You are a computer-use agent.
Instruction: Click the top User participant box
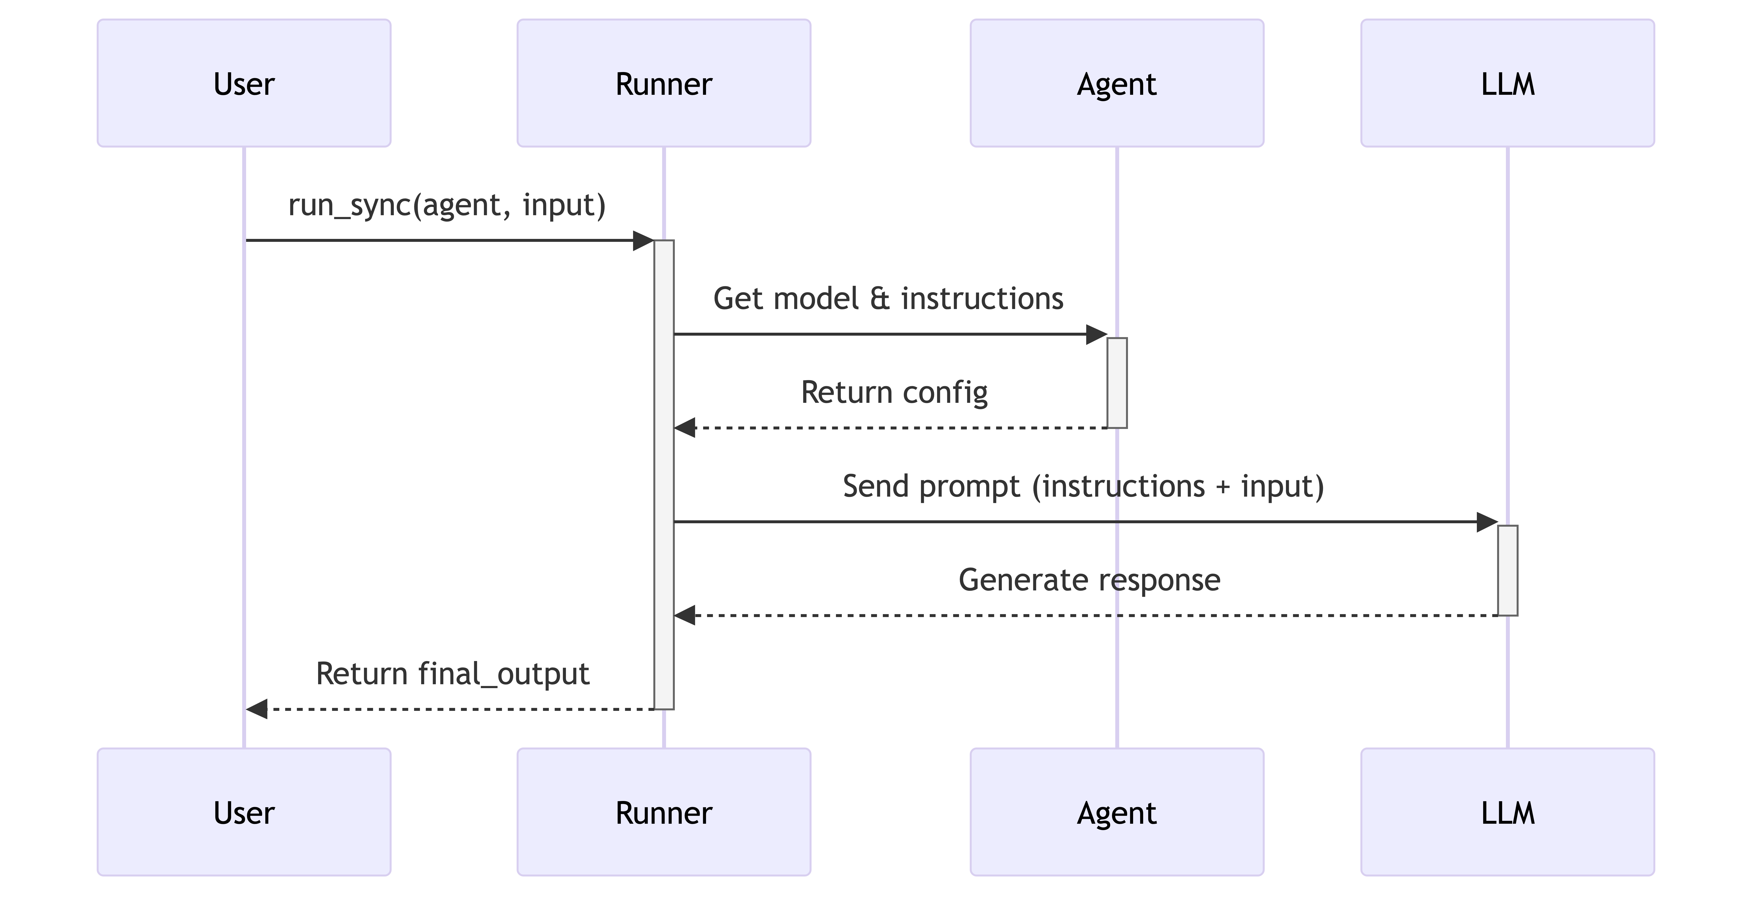[x=244, y=83]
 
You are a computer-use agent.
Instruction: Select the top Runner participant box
[x=664, y=83]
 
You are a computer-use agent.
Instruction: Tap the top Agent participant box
[x=1117, y=83]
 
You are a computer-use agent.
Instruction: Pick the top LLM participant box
[x=1508, y=83]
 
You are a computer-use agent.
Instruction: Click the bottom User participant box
[x=244, y=812]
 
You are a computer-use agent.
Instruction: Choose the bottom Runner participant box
[x=664, y=812]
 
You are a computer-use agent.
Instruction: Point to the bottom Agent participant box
[x=1117, y=812]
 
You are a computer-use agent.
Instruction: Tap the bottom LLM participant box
[x=1508, y=812]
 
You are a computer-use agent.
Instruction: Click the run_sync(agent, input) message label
[x=447, y=205]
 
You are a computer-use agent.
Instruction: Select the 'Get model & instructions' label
[x=888, y=299]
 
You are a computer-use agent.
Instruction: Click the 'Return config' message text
[x=894, y=393]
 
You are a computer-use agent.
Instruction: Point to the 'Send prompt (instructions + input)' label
[x=1084, y=487]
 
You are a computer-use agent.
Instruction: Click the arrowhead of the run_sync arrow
[x=643, y=240]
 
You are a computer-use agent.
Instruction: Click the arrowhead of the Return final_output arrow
[x=256, y=709]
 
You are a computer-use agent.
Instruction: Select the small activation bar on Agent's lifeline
[x=1117, y=383]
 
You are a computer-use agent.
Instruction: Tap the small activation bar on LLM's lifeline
[x=1508, y=570]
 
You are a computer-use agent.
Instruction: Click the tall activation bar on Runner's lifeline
[x=664, y=474]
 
